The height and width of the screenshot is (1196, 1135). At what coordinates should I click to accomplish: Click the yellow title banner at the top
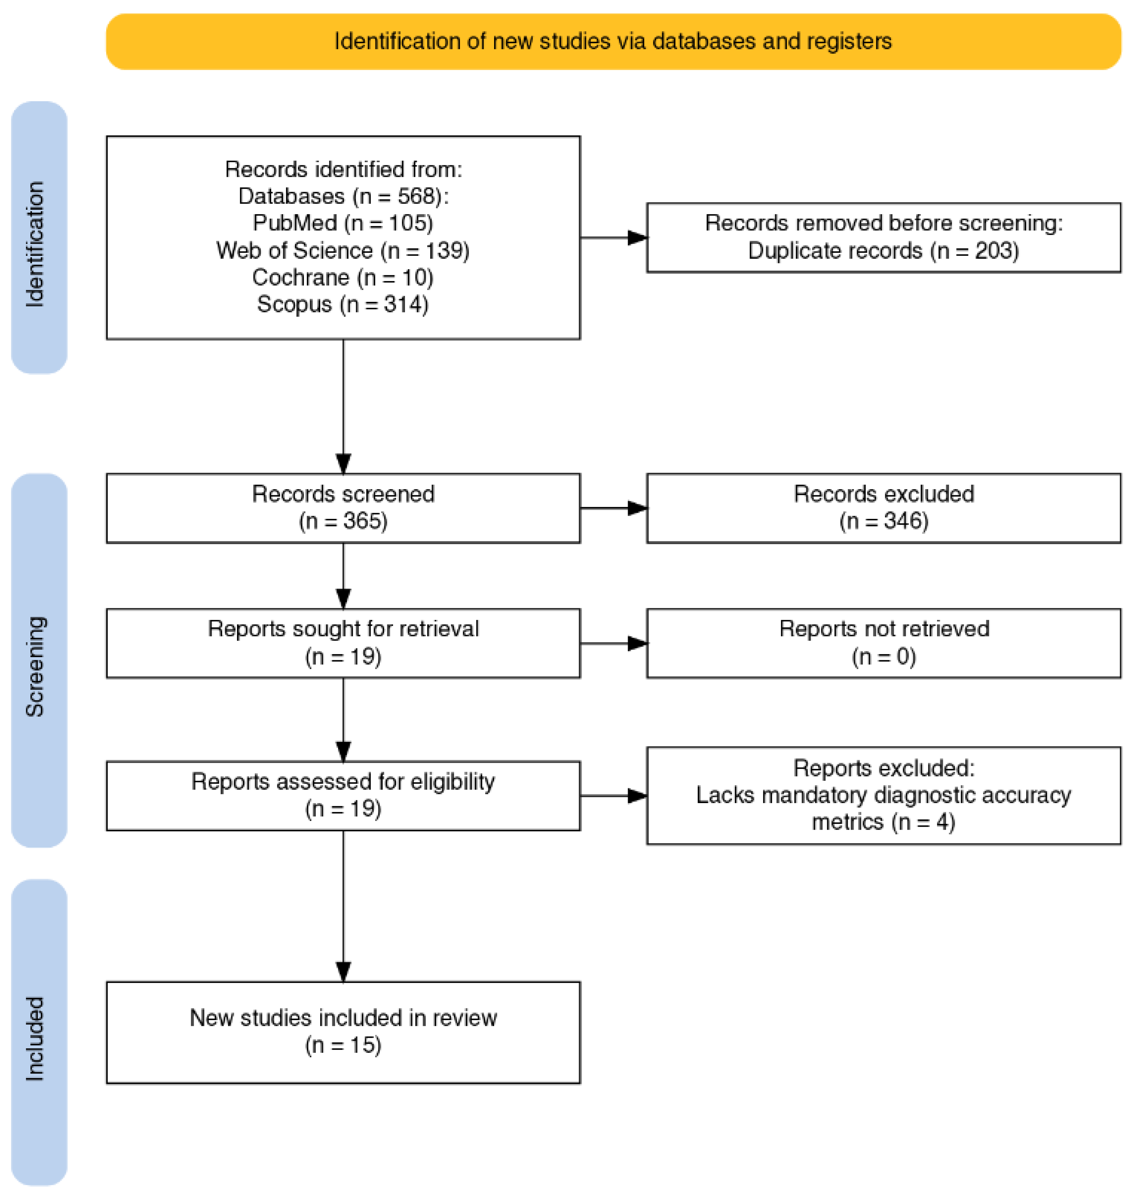613,42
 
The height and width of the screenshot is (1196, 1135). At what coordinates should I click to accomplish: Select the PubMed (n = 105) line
343,223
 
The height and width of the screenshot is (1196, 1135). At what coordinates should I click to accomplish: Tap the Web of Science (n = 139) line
343,250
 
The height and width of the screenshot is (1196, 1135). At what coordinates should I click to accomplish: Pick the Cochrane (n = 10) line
343,278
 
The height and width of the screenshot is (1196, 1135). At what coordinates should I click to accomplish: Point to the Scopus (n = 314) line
343,304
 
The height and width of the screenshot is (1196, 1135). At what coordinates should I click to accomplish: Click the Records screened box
343,508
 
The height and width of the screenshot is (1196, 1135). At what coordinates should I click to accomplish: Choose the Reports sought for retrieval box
343,643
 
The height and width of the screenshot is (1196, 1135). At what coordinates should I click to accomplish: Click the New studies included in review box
343,1032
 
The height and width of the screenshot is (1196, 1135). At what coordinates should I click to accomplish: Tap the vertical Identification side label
35,244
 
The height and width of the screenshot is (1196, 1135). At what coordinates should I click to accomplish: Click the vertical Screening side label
35,666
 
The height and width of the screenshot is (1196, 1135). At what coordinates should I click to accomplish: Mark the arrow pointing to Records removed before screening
613,238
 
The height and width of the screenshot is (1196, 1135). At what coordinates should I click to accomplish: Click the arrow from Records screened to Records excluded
613,508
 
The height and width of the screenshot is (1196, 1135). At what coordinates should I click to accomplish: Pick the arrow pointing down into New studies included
343,906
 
